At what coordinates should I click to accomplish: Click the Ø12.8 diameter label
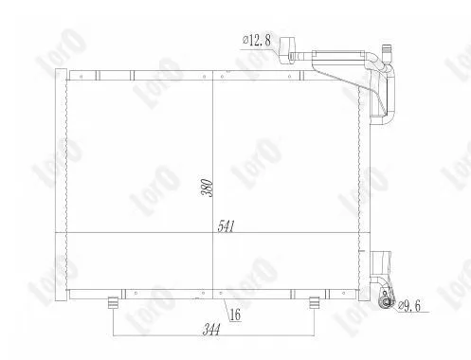[x=257, y=40]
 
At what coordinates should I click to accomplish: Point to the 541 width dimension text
[x=226, y=226]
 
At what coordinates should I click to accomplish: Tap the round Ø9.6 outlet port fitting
[x=387, y=303]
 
